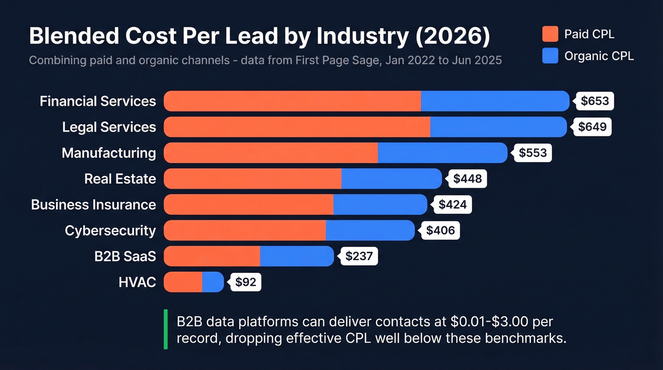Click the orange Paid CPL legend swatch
(x=550, y=34)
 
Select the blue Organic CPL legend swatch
(x=550, y=56)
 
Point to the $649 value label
(x=592, y=127)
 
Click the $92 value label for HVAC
(x=245, y=282)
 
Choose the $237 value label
(x=359, y=256)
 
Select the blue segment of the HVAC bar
(x=213, y=282)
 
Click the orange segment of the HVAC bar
(x=183, y=282)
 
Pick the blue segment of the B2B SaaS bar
(x=297, y=256)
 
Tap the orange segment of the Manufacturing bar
(x=271, y=153)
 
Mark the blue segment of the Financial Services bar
(x=495, y=101)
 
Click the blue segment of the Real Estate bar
(x=391, y=179)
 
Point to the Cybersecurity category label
(x=110, y=231)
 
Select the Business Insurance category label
(x=93, y=205)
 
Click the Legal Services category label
(x=109, y=127)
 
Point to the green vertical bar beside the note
(x=166, y=329)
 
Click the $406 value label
(x=440, y=230)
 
